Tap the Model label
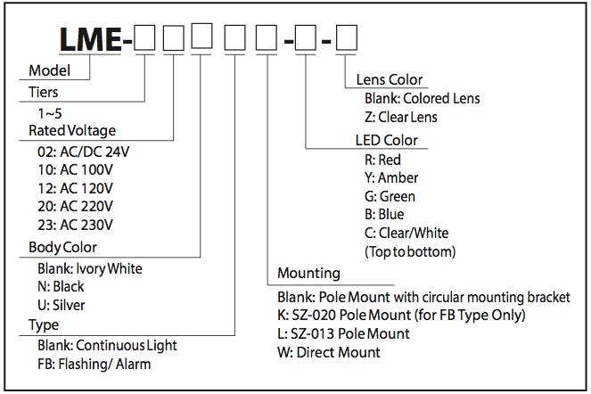[x=49, y=70]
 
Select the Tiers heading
[x=44, y=92]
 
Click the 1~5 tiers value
[x=50, y=113]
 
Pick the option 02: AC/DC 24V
[x=83, y=152]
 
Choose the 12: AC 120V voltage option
[x=75, y=188]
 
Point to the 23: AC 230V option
[x=75, y=225]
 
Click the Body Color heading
[x=62, y=247]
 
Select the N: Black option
[x=61, y=286]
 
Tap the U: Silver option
[x=61, y=305]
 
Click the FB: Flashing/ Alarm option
[x=94, y=365]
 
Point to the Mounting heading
[x=308, y=273]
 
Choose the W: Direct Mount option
[x=329, y=352]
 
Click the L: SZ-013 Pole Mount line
[x=343, y=333]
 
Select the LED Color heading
[x=386, y=140]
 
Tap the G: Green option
[x=390, y=196]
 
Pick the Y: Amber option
[x=391, y=177]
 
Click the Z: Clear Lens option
[x=400, y=117]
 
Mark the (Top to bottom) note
[x=410, y=251]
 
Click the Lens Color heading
[x=390, y=79]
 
